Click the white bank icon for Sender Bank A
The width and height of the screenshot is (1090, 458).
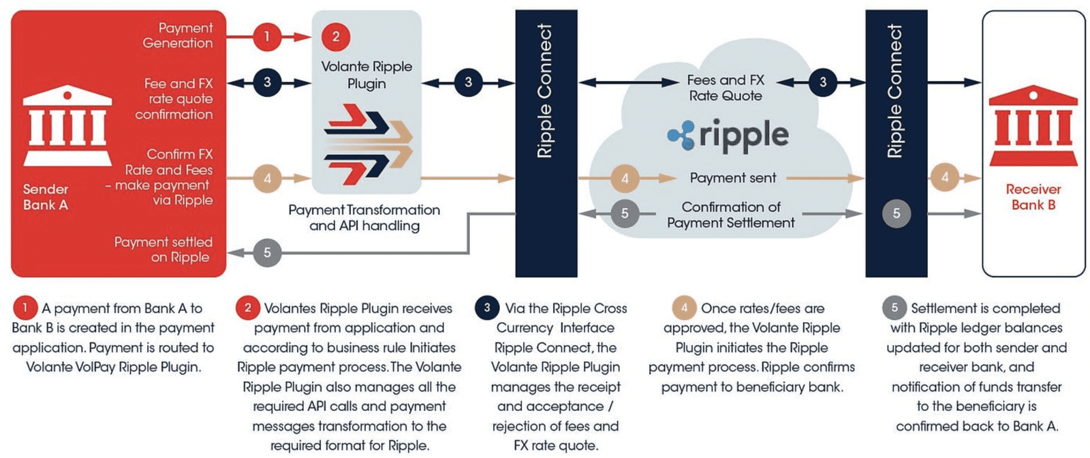point(67,125)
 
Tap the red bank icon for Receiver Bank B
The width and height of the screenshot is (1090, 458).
point(1033,125)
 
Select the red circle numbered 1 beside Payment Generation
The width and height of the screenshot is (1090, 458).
point(267,36)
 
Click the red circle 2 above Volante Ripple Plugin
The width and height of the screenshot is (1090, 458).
point(335,36)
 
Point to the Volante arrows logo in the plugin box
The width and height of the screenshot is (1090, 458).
point(368,144)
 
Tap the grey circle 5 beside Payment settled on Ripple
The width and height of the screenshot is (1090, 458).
point(267,253)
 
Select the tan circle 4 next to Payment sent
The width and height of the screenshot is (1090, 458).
point(625,179)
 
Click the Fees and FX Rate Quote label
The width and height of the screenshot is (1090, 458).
point(725,88)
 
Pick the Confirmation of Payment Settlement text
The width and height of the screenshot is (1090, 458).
point(730,215)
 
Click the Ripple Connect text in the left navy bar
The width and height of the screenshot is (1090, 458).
point(545,91)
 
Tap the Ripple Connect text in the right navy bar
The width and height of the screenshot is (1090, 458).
point(895,91)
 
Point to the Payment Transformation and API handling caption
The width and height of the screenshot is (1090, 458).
point(364,217)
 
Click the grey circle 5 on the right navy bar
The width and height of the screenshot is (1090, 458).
point(896,213)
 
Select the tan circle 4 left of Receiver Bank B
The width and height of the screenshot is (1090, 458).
point(944,178)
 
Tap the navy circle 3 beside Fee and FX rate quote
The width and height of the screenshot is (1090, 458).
point(267,82)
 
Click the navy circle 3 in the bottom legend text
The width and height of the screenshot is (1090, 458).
point(486,307)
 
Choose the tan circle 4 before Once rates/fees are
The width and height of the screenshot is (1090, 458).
point(684,307)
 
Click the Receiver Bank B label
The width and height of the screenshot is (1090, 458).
point(1033,197)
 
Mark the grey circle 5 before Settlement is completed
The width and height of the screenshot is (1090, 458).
point(894,307)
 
